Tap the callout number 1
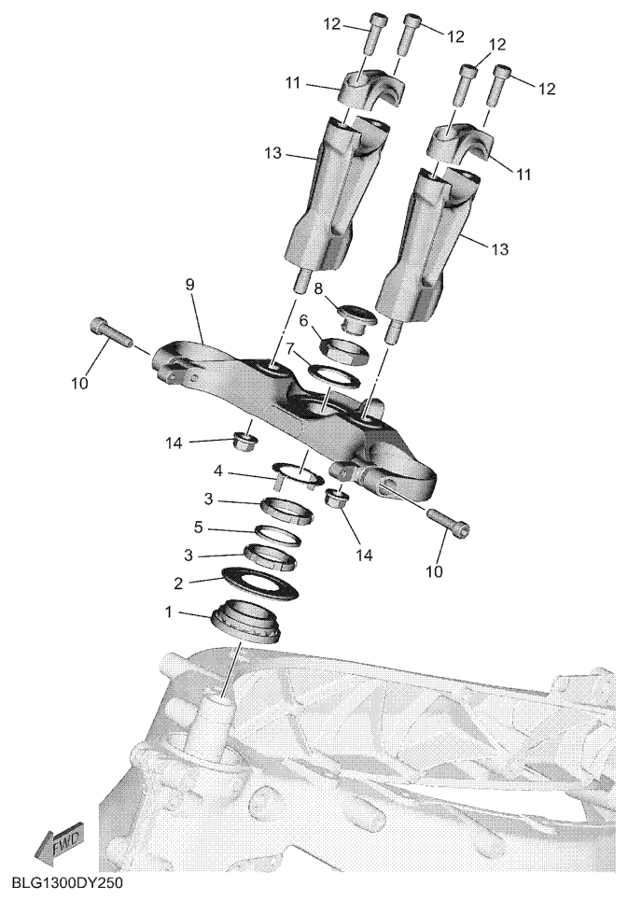(x=169, y=612)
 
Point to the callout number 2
(x=178, y=584)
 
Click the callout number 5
(x=199, y=527)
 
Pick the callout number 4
(x=218, y=471)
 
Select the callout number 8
(x=319, y=288)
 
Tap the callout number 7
(x=290, y=349)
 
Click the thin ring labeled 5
(x=277, y=535)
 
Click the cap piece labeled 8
(x=356, y=317)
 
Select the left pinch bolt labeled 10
(x=111, y=331)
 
